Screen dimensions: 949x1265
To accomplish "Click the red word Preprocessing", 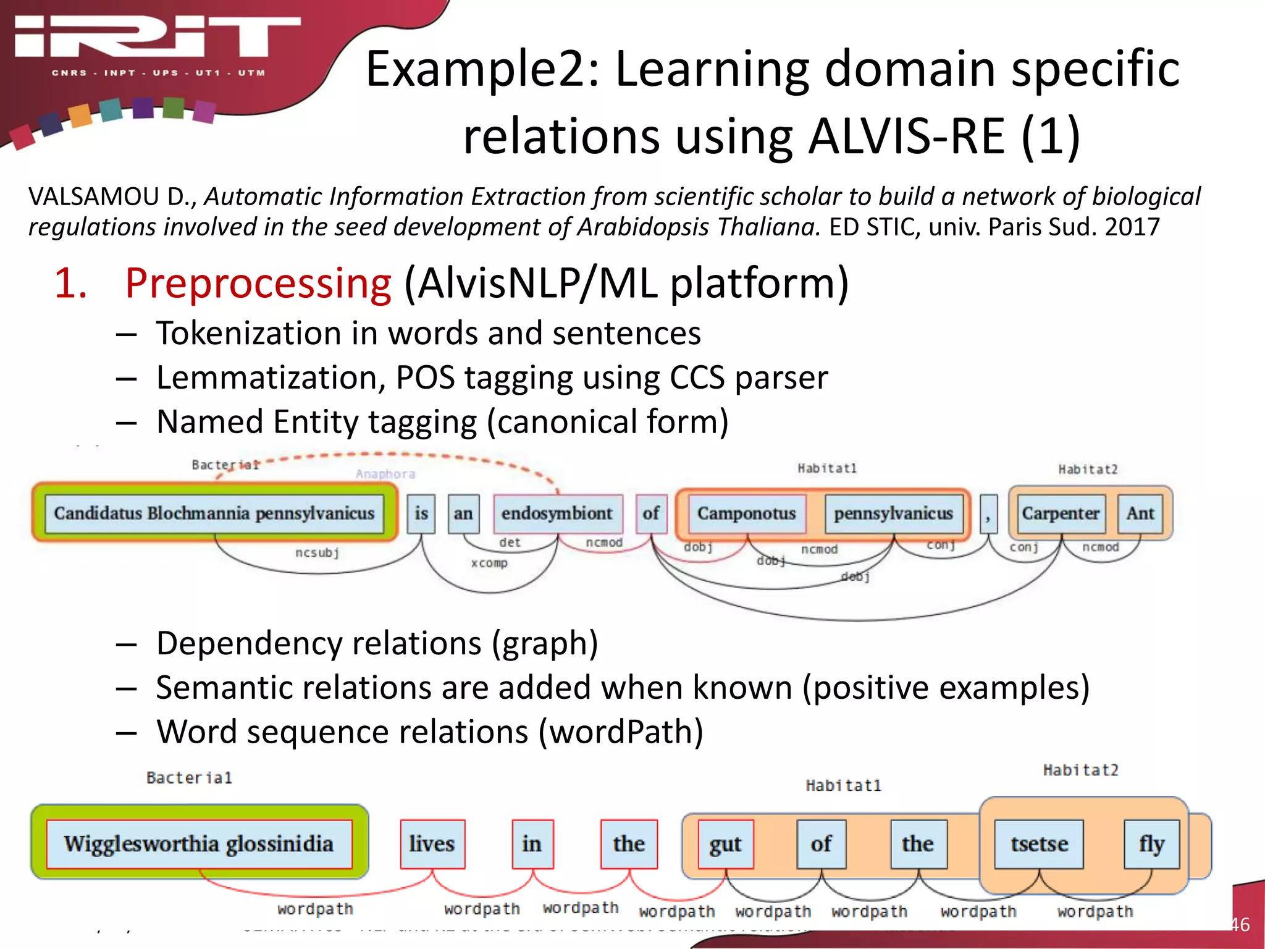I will pos(258,284).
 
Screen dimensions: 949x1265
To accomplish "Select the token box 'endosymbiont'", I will pos(557,513).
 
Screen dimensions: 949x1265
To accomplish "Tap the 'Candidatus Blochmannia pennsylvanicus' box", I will pos(214,513).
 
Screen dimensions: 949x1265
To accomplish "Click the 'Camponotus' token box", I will pos(746,513).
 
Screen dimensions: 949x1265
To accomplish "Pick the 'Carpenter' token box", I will pos(1060,513).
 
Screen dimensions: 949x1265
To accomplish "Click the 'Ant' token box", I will pos(1140,513).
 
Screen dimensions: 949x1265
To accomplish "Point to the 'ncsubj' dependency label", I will pos(317,552).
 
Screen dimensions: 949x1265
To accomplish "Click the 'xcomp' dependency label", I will pos(489,563).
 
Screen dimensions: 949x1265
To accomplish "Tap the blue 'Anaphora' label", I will pos(385,474).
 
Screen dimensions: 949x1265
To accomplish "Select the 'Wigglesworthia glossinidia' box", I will pos(199,844).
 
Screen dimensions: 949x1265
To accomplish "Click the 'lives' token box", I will pos(432,844).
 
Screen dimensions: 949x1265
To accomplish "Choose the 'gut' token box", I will pos(725,844).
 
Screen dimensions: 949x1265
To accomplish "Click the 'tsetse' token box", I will pos(1039,844).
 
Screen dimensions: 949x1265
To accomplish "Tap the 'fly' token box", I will pos(1151,844).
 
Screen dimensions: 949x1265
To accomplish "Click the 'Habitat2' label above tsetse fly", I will pos(1080,770).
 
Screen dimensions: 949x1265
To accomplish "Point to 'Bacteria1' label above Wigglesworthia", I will pos(189,778).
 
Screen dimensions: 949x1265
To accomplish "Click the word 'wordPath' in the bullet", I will pos(621,732).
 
